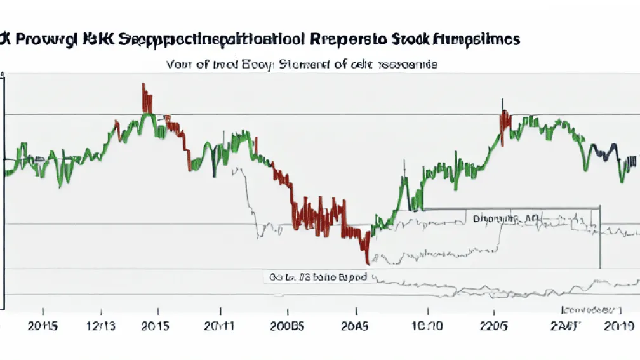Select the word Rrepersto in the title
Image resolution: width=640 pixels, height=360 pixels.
[345, 39]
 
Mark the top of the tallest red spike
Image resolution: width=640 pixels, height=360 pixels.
[143, 84]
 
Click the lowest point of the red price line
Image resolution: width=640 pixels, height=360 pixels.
[367, 263]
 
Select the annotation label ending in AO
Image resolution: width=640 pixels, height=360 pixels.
[505, 218]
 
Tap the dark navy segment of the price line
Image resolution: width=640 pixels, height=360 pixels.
[603, 152]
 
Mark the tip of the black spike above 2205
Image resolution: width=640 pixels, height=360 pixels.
[502, 100]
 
